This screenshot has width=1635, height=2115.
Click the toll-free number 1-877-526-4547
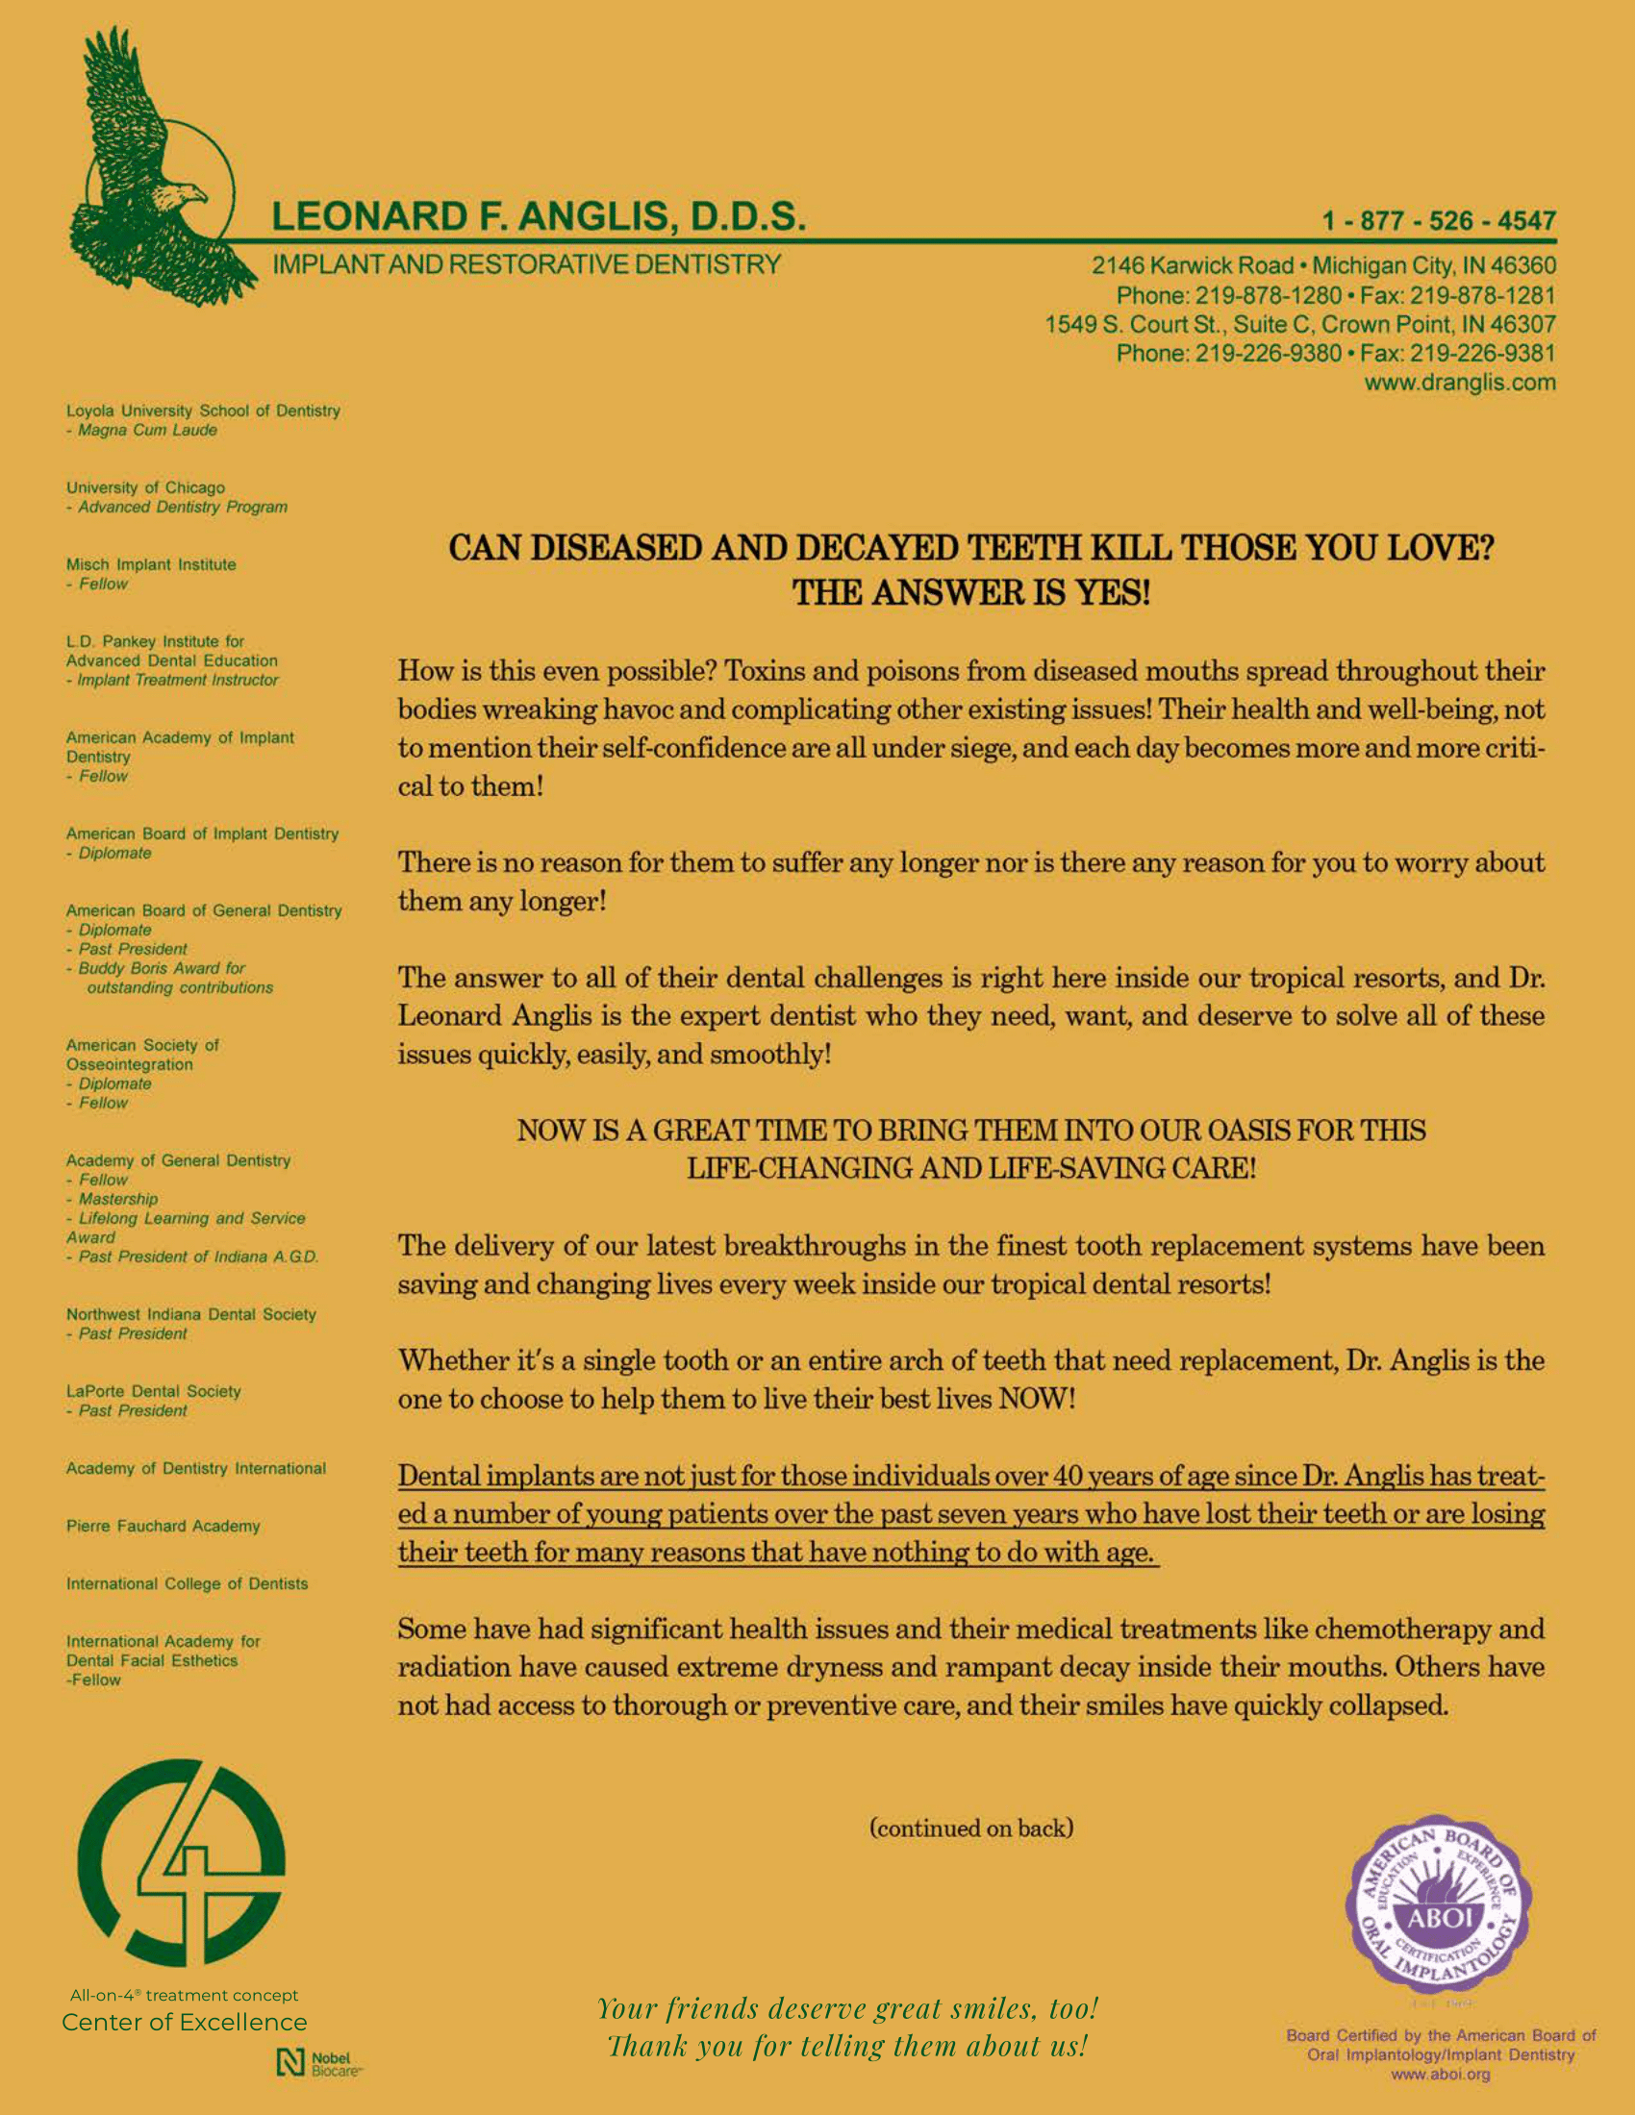[x=1439, y=221]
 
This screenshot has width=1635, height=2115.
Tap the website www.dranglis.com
[x=1460, y=383]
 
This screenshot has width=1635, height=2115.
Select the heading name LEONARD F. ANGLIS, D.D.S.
[x=538, y=216]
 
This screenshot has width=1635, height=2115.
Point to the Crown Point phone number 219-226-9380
[x=1268, y=354]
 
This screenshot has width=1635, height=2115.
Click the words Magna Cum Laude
[x=147, y=430]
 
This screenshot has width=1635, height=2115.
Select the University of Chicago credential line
[x=145, y=487]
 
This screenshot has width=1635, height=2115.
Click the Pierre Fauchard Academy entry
[x=163, y=1527]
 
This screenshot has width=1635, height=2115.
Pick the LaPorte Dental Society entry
[x=153, y=1392]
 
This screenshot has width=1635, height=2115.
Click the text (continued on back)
[x=971, y=1829]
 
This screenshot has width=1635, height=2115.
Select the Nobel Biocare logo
[x=318, y=2063]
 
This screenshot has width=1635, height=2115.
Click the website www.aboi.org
[x=1441, y=2075]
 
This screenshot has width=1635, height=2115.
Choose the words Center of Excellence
[x=184, y=2022]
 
